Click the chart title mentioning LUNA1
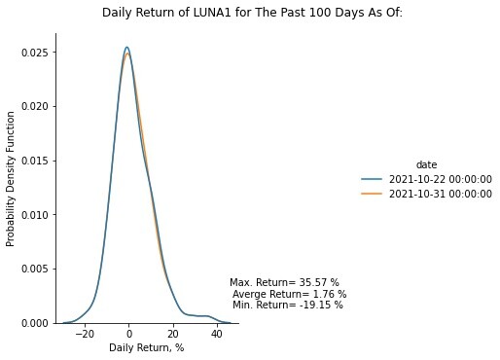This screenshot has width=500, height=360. [252, 13]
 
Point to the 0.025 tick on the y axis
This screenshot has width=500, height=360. [35, 53]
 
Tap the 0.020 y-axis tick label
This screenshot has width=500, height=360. [35, 106]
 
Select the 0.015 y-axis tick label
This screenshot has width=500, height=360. [35, 161]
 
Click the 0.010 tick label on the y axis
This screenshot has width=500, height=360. [35, 215]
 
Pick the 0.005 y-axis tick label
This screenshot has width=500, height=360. [35, 269]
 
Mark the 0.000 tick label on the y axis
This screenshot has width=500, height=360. [35, 323]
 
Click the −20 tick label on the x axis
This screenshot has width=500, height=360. [85, 334]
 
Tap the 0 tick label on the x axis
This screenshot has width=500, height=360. [129, 334]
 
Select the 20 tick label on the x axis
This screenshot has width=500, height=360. [173, 334]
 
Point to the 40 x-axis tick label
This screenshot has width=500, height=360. [217, 334]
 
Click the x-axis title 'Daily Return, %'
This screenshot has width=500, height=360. [147, 348]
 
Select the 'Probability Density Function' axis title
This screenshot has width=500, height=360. [11, 179]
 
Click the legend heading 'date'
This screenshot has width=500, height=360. [426, 164]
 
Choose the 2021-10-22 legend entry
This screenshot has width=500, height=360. [427, 179]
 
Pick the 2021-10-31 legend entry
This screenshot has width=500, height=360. [427, 194]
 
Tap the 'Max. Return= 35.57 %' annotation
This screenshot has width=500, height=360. [284, 282]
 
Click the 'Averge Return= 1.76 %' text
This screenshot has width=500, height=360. [290, 294]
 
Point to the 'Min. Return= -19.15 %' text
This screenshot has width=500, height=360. [288, 305]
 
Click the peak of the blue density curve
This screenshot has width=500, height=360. [127, 47]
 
